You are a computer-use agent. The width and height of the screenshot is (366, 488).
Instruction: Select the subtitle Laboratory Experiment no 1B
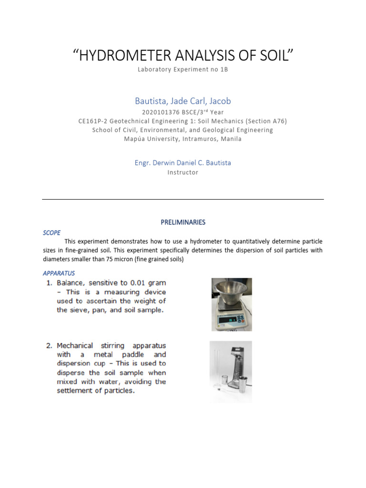183,70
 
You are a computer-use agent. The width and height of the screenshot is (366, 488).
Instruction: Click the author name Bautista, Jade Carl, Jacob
183,101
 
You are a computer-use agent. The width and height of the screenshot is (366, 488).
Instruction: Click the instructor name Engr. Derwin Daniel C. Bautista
183,163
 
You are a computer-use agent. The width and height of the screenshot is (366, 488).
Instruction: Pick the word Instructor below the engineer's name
183,173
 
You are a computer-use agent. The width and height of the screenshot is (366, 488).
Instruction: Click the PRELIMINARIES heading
183,222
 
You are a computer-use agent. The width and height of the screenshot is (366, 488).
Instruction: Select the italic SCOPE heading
51,233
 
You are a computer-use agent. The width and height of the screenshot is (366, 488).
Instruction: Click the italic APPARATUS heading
59,273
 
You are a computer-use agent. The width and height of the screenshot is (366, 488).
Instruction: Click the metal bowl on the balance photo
232,292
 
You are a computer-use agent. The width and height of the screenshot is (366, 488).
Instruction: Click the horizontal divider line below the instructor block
183,199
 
